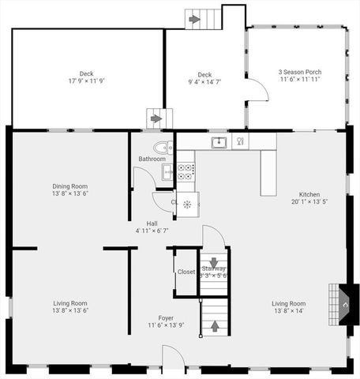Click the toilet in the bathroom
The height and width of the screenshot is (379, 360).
pos(162,147)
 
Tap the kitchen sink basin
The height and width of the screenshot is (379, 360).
pos(218,142)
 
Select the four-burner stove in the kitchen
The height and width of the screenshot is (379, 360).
pos(186,172)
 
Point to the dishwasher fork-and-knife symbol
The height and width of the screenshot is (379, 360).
pos(239,142)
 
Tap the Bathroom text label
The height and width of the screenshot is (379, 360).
pos(152,159)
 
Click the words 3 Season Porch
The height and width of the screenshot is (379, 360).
pos(300,73)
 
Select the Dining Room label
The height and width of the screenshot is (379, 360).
pos(69,186)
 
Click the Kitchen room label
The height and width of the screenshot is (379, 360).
pos(309,194)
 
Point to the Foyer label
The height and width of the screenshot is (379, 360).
pos(166,318)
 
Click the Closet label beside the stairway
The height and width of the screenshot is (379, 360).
pos(186,272)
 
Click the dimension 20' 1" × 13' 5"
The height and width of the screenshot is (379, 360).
pos(309,201)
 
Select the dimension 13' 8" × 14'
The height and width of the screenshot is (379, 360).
pos(289,310)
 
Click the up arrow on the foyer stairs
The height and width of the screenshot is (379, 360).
pos(212,324)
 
